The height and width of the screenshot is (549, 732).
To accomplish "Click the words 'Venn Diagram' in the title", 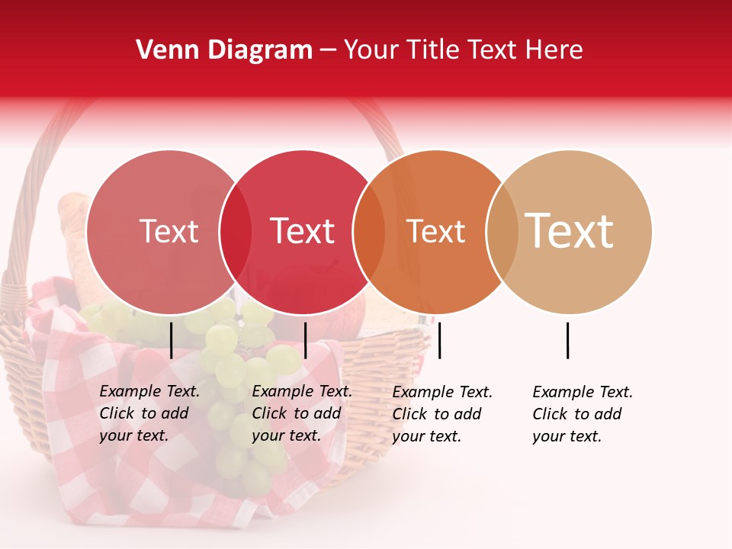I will point(224,50).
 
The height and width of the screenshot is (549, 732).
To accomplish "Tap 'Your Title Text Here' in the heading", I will point(463,50).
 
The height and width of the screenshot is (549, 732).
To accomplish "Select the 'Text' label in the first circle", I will point(169,232).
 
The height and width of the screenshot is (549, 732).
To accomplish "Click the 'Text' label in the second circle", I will point(303,232).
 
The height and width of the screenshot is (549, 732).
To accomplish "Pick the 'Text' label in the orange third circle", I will point(435,232).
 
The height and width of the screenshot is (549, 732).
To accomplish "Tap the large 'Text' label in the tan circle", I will point(570,231).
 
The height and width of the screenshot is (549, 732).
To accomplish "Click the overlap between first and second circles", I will point(236,232).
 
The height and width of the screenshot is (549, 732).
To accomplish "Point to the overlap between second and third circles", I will point(368,232).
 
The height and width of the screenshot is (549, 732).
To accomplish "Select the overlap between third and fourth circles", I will point(501,232).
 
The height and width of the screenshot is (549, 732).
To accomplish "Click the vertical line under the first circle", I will point(172,340).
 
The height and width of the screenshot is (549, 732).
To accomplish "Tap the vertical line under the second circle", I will point(305,340).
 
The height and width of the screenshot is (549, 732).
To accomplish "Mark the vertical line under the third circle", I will point(440,340).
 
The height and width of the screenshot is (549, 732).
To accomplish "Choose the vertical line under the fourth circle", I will point(568,340).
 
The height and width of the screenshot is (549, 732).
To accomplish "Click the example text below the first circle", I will point(149,413).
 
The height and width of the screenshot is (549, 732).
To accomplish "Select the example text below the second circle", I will point(302,413).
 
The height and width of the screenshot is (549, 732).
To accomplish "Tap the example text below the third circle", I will point(442,414).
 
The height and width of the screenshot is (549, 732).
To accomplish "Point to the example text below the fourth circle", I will point(583,414).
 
